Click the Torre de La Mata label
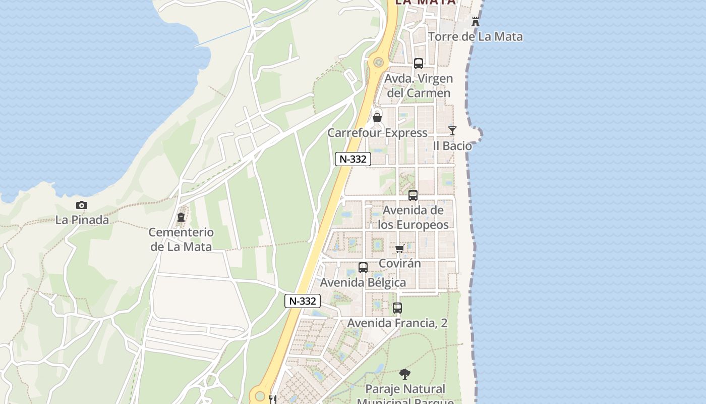[x=476, y=36]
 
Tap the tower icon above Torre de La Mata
[x=475, y=22]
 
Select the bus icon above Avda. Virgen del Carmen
[x=419, y=64]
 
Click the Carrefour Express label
[x=377, y=133]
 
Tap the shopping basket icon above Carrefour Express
[x=377, y=118]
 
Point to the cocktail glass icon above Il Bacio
[x=452, y=131]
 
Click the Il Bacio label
[x=452, y=146]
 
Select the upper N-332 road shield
[x=353, y=159]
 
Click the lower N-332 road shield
[x=303, y=301]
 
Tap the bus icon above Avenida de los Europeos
[x=413, y=195]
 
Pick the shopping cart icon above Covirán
[x=400, y=248]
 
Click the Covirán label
[x=399, y=263]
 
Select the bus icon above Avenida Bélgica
[x=363, y=268]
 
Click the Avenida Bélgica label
[x=363, y=282]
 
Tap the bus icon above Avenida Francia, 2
[x=397, y=308]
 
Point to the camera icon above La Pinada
[x=82, y=205]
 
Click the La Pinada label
[x=82, y=220]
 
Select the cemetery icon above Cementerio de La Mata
[x=181, y=218]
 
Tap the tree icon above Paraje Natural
[x=404, y=374]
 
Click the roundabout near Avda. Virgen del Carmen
[x=378, y=62]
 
